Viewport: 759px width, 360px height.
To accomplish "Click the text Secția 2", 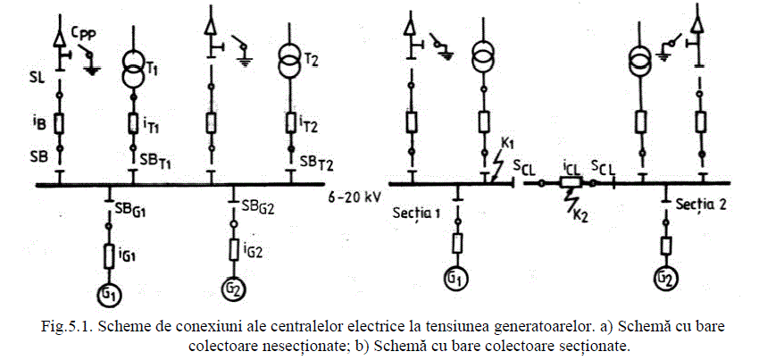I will coord(700,203).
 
